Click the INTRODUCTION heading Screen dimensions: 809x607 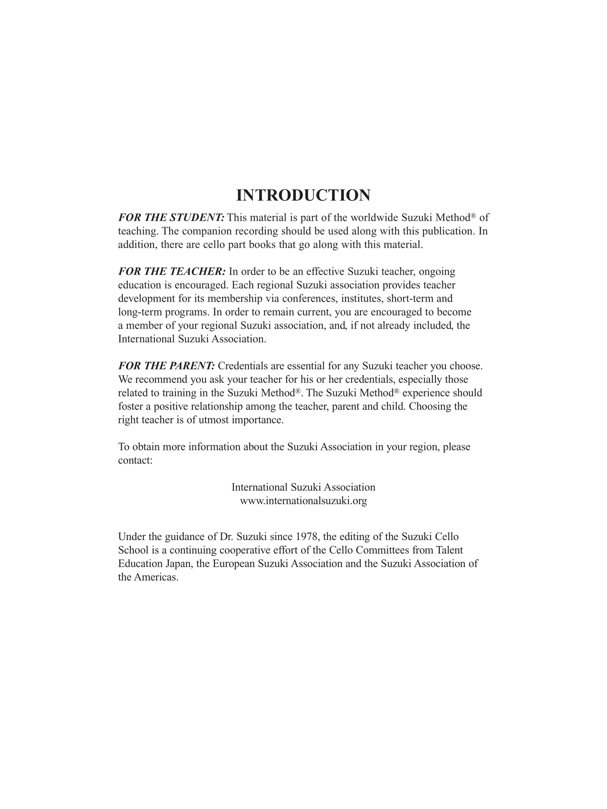pos(303,195)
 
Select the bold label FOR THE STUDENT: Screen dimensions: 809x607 pos(171,217)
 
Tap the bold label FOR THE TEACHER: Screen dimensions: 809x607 pos(172,272)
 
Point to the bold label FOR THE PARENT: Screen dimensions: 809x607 pos(166,366)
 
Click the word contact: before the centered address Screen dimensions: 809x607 pos(135,461)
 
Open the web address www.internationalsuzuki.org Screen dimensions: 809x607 pos(303,501)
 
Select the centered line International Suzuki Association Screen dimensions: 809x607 pos(303,487)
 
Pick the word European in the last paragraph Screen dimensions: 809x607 pos(234,563)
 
